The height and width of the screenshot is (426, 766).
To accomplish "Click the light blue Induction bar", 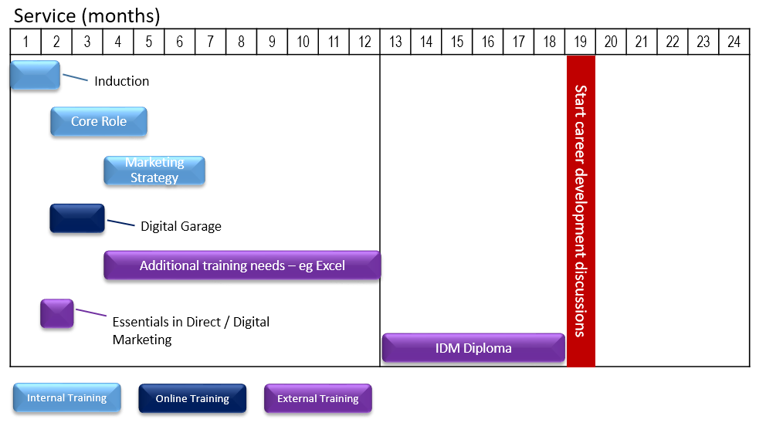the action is [36, 75].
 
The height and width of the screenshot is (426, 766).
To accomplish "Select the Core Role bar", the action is [99, 121].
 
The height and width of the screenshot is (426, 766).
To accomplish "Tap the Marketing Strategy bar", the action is [154, 171].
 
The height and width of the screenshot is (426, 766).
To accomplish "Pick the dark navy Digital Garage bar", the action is [77, 218].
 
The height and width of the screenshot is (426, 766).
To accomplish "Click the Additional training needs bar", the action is [242, 265].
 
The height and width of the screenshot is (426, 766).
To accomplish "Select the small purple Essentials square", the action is [57, 313].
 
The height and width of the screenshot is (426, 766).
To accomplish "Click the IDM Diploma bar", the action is [473, 348].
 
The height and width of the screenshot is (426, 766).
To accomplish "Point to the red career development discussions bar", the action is [581, 211].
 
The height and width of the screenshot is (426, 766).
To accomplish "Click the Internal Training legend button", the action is [67, 398].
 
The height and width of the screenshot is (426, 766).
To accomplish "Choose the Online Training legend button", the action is [192, 399].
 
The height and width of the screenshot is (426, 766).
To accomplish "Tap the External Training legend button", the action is [318, 399].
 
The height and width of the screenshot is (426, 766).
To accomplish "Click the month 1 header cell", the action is [26, 42].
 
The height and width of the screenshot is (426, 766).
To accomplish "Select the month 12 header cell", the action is [364, 42].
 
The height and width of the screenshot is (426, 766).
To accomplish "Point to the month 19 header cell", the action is [581, 42].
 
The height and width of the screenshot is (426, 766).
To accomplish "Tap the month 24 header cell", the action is [734, 42].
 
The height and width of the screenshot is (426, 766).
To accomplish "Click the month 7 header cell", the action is [211, 42].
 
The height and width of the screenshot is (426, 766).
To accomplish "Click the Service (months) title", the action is [87, 16].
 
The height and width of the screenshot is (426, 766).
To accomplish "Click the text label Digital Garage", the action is [181, 226].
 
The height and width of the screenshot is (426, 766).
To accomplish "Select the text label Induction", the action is [122, 81].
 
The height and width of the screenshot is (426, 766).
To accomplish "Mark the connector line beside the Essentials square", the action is [91, 313].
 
